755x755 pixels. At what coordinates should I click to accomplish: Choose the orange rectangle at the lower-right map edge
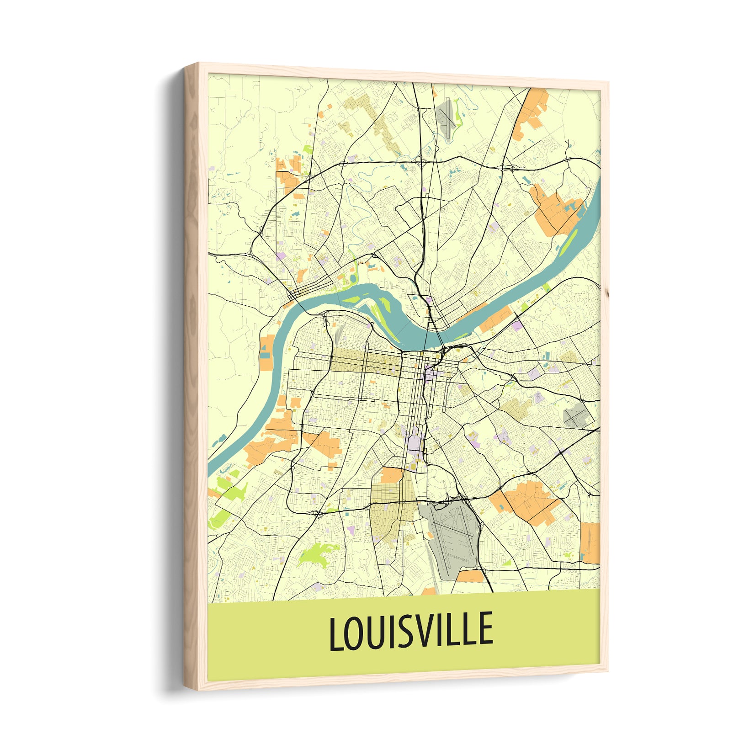pos(590,543)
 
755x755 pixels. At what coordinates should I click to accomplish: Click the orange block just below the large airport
pos(470,576)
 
